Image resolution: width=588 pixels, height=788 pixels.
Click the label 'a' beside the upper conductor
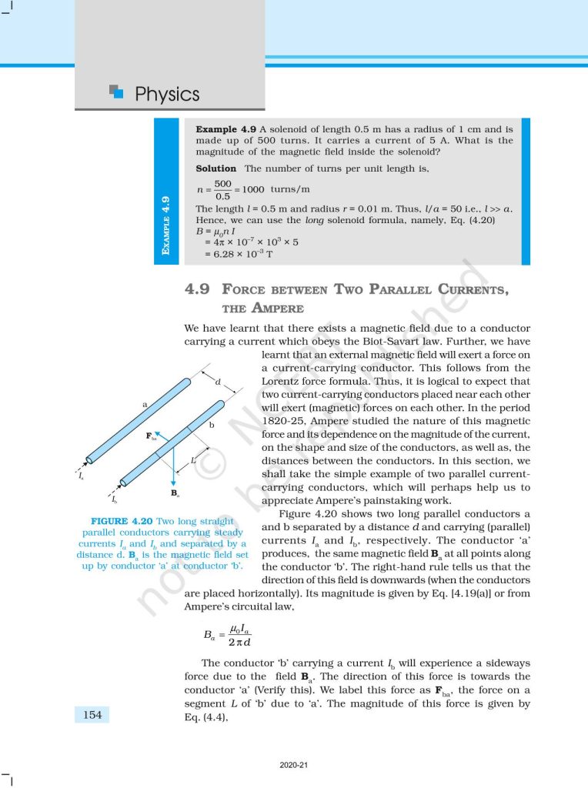[x=144, y=403]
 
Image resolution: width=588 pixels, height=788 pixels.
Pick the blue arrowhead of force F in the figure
[x=156, y=434]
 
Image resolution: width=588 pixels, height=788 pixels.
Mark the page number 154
[x=92, y=715]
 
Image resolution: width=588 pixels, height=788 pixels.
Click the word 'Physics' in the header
[x=167, y=95]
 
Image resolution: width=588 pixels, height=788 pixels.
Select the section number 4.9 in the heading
[x=197, y=290]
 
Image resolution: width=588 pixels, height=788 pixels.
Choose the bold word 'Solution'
[x=216, y=168]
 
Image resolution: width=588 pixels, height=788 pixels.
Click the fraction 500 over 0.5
[x=223, y=189]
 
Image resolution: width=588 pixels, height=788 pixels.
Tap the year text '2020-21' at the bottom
[x=294, y=766]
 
